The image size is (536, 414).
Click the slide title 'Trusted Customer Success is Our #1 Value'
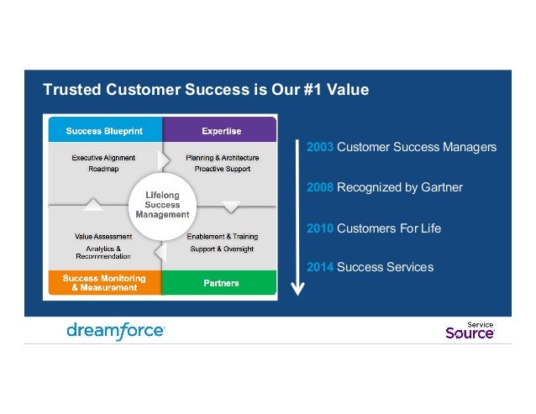206,89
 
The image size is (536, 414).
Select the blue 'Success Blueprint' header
105,130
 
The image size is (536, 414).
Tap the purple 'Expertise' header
221,130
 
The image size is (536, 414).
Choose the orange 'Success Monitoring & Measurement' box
104,283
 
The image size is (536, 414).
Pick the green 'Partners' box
221,283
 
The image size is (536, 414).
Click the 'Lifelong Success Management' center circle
162,204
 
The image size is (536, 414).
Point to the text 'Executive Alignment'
102,157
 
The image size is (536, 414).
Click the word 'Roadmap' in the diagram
102,169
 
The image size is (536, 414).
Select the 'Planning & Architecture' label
222,157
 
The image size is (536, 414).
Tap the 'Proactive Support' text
222,169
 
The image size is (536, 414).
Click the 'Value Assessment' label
102,237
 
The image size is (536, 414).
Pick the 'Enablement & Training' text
222,237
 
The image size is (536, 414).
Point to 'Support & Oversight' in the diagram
222,249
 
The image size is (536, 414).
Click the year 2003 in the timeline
320,147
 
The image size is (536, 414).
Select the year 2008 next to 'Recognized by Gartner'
320,187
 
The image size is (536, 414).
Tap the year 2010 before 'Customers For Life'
320,228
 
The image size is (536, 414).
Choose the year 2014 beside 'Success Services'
320,267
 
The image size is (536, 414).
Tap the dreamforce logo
116,331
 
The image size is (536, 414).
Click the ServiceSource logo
470,331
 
